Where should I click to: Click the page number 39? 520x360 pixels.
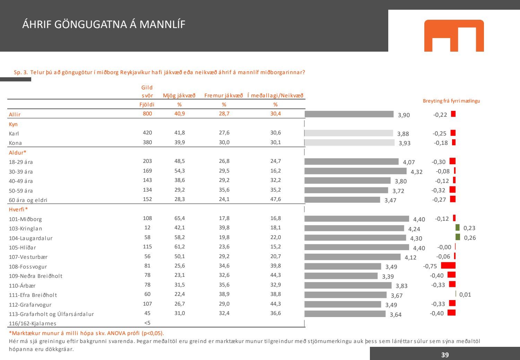445,354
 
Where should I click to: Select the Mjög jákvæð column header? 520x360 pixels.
179,96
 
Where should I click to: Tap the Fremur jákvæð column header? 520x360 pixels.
224,96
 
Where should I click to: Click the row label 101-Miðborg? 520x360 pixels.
25,219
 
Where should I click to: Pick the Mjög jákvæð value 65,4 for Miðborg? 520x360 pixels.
180,218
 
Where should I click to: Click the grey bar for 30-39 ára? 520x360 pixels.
355,171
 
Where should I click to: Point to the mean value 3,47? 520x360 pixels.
390,200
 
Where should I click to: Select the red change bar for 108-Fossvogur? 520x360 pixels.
448,266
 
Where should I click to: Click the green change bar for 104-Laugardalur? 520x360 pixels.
458,237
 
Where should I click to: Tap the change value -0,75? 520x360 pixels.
430,266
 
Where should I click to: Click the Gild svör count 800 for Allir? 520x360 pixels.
147,114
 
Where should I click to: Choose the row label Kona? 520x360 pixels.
15,143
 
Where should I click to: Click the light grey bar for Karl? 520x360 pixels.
348,133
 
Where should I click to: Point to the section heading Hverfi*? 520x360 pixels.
18,209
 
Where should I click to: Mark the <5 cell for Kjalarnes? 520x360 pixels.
147,323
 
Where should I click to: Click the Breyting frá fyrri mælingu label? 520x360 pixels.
451,101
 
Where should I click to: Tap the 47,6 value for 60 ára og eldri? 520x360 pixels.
276,199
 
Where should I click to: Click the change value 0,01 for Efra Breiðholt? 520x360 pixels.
465,295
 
